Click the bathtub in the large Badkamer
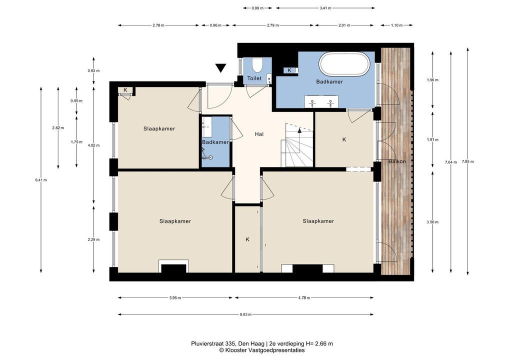click(x=344, y=64)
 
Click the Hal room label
click(x=259, y=134)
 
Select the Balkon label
click(x=397, y=161)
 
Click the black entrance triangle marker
click(x=220, y=68)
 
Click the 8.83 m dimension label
click(x=245, y=314)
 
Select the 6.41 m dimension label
click(x=41, y=180)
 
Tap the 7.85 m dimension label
click(x=467, y=161)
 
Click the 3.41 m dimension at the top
click(x=325, y=8)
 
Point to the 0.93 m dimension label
click(x=93, y=70)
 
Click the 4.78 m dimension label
click(x=304, y=297)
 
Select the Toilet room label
click(x=254, y=78)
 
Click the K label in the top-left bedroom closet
click(x=125, y=90)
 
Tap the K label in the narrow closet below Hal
click(x=247, y=239)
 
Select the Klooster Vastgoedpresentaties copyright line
click(x=261, y=350)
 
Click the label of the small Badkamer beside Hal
click(x=215, y=142)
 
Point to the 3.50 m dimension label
click(x=432, y=222)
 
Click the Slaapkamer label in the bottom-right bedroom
click(x=318, y=221)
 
